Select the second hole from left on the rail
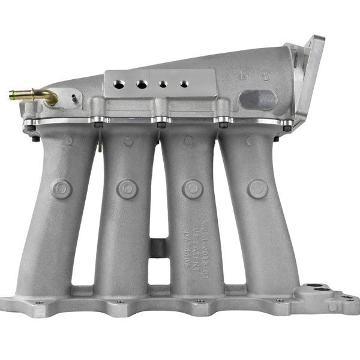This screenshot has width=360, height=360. [141, 85]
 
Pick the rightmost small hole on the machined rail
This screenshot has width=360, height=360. [184, 84]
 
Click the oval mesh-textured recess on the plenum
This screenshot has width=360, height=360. [258, 99]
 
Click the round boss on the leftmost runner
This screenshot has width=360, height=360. [61, 189]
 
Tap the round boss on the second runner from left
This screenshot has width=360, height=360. [127, 189]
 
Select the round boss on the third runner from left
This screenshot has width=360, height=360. [193, 189]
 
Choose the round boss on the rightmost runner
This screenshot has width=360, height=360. [257, 189]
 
